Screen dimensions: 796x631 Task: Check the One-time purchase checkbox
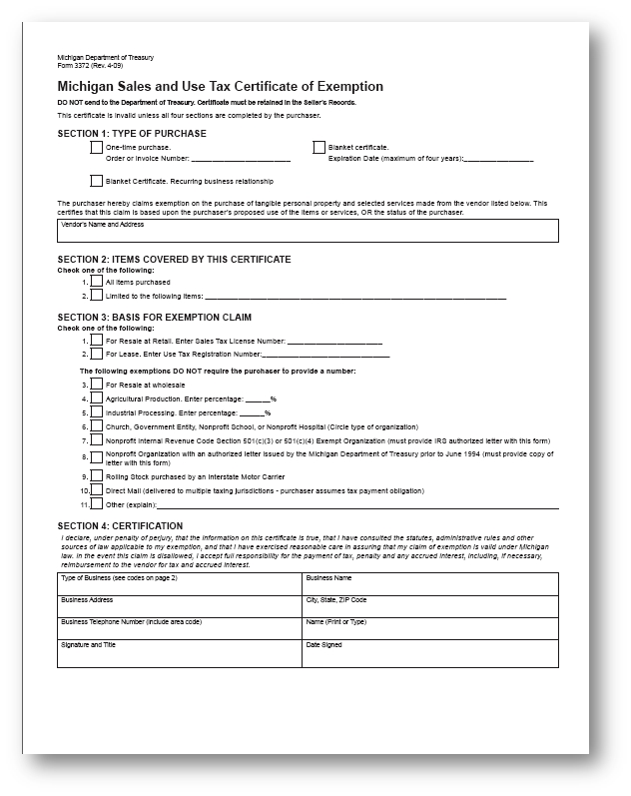pyautogui.click(x=97, y=148)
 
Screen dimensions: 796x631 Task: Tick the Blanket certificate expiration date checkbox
pyautogui.click(x=319, y=148)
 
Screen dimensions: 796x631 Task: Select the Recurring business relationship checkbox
pyautogui.click(x=97, y=181)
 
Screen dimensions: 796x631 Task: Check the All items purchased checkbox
pyautogui.click(x=97, y=282)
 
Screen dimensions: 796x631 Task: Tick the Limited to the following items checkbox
pyautogui.click(x=97, y=296)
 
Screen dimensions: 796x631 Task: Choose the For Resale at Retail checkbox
pyautogui.click(x=97, y=341)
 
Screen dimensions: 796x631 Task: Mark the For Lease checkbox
pyautogui.click(x=97, y=354)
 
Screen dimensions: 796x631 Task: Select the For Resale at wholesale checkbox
pyautogui.click(x=97, y=384)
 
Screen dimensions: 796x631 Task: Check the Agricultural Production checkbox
pyautogui.click(x=97, y=398)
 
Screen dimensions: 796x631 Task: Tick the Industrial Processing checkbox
pyautogui.click(x=97, y=411)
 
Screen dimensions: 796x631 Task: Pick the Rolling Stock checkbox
pyautogui.click(x=97, y=476)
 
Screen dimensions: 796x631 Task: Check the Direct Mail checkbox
pyautogui.click(x=97, y=490)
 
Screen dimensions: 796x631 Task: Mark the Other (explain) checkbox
pyautogui.click(x=97, y=505)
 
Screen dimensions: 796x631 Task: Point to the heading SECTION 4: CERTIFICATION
pyautogui.click(x=121, y=525)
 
